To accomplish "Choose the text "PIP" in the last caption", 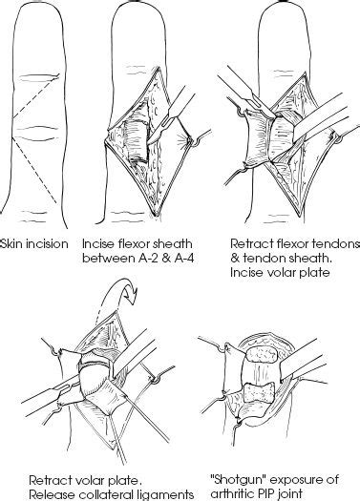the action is click(263, 492).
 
